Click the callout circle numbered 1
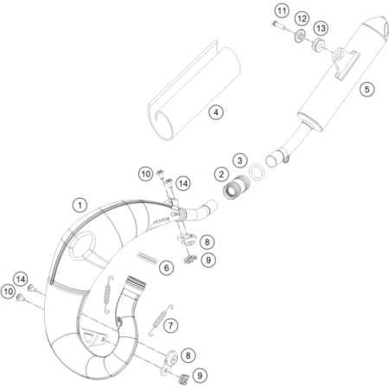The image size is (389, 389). (80, 206)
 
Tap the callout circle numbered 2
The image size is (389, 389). (221, 175)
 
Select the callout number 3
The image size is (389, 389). (240, 160)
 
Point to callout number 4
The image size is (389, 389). (216, 112)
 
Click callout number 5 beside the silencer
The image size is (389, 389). (367, 89)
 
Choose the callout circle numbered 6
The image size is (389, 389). (167, 268)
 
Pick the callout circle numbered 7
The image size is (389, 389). (171, 326)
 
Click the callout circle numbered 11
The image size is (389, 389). (282, 11)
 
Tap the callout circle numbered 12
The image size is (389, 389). (302, 19)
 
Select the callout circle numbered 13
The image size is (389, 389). (321, 29)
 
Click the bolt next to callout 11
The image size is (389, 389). (277, 25)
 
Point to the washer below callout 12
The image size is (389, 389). (299, 36)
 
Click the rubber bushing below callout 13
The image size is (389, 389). (318, 46)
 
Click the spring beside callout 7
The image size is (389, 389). (161, 320)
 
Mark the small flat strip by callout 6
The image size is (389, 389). (147, 258)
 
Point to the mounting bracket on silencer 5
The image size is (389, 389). (346, 63)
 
